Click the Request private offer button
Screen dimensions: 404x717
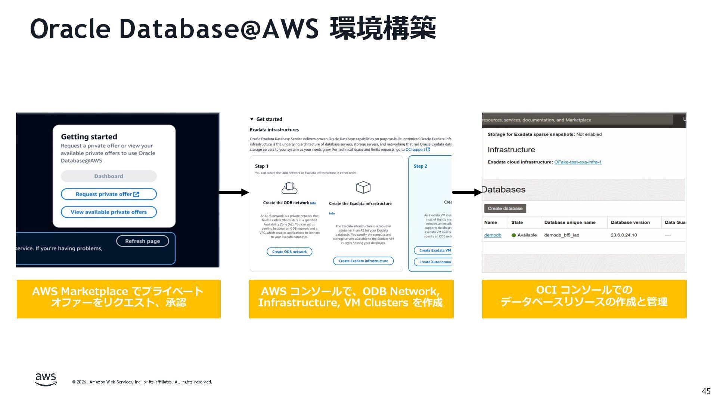pos(108,194)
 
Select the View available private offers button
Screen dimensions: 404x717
pos(108,212)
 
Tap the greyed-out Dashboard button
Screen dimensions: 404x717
pos(108,176)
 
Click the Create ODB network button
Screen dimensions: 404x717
pos(289,252)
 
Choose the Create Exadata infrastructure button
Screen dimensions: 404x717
pos(363,261)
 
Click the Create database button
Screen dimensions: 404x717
pos(505,208)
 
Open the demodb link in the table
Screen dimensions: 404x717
pos(493,235)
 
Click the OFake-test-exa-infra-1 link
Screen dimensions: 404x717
pos(578,162)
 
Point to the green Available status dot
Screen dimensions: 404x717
pos(514,235)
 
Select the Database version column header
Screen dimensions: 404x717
pos(630,222)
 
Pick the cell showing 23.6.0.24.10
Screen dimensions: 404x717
pos(624,235)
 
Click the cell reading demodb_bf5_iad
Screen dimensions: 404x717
pos(562,235)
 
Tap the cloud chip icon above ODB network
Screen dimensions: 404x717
pos(289,187)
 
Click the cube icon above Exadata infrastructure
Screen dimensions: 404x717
pos(363,187)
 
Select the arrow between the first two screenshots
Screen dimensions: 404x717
pos(234,192)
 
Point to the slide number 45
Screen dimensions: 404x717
pos(706,391)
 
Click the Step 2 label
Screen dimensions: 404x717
pos(420,166)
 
